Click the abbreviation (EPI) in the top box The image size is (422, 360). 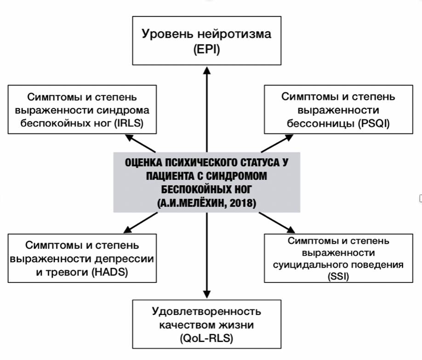[x=206, y=50]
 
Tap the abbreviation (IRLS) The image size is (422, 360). [x=129, y=124]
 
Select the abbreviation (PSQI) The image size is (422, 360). [x=374, y=124]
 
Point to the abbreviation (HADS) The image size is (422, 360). [x=110, y=272]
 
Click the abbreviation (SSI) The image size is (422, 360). [x=338, y=276]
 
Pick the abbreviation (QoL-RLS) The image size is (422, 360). [x=206, y=338]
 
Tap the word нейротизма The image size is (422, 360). [x=234, y=34]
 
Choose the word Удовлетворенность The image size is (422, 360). [x=206, y=312]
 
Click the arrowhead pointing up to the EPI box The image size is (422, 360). [x=207, y=70]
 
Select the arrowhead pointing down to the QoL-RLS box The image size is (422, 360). [x=207, y=294]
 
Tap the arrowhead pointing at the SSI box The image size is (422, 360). [x=291, y=229]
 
